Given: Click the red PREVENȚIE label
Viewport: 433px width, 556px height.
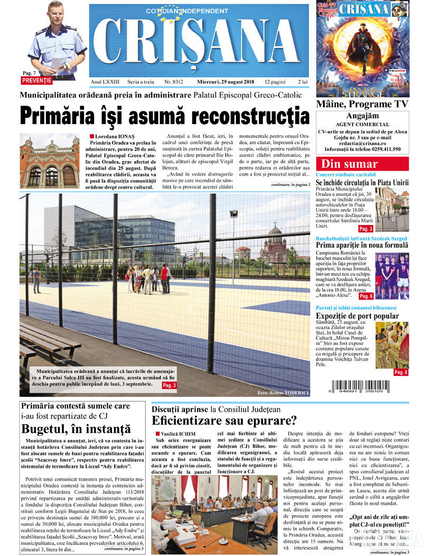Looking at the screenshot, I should point(37,81).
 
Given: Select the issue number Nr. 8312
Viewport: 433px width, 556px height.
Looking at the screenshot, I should point(174,82).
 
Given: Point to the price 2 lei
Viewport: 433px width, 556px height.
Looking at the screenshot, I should point(303,82).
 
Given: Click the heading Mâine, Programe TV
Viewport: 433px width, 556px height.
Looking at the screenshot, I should point(362,104).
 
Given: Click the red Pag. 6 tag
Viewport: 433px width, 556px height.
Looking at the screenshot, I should point(366,296).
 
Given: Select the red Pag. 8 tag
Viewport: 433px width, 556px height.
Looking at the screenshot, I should point(401,372).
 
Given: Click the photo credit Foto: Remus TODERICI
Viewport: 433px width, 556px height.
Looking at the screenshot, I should point(284,393).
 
